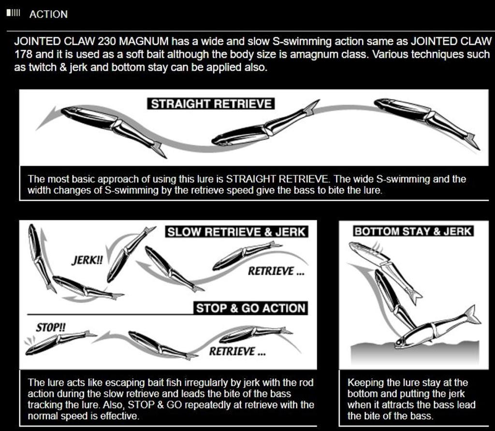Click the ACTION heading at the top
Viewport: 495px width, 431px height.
[48, 14]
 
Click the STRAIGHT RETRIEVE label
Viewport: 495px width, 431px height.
[211, 104]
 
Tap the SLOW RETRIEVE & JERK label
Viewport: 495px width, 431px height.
[236, 232]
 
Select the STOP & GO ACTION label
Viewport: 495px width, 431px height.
[251, 308]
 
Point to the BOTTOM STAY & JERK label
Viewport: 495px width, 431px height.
[413, 231]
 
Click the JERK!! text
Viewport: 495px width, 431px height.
[87, 260]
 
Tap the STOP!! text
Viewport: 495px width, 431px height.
[50, 327]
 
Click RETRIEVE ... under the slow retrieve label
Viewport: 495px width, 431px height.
[276, 271]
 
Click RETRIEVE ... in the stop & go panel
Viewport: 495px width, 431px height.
[237, 351]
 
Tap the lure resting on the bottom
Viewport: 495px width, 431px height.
[437, 327]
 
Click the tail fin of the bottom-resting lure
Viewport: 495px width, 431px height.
[471, 315]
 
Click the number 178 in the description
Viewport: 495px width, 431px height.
[23, 54]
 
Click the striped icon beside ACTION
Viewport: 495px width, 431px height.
[14, 13]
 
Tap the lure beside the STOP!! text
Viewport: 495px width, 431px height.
[60, 342]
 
